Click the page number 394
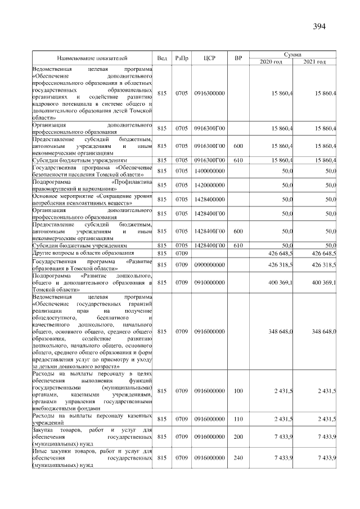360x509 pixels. (319, 26)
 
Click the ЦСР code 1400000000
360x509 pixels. (209, 170)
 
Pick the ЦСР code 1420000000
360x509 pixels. (209, 185)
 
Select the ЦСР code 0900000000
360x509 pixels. (209, 264)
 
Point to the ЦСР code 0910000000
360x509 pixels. (209, 282)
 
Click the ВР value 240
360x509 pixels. (238, 458)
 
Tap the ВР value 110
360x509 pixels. (238, 419)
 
